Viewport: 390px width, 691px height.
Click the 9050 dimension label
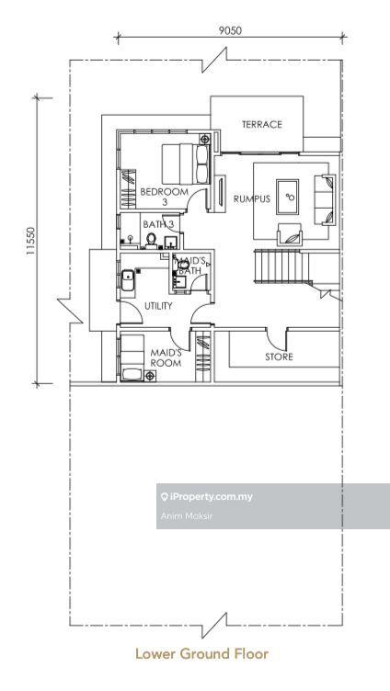tap(230, 30)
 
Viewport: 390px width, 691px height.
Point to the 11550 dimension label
tap(30, 241)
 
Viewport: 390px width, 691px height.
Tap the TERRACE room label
tap(261, 125)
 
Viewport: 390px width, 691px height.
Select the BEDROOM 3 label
tap(164, 197)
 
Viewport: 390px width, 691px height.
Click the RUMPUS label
tap(251, 198)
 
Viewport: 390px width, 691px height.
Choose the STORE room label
tap(279, 357)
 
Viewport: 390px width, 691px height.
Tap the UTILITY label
tap(158, 306)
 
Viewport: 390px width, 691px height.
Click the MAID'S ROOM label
tap(166, 357)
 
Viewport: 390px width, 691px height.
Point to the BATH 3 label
tap(158, 224)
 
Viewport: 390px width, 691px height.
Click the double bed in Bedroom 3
tap(185, 164)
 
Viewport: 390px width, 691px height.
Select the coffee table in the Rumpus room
tap(287, 197)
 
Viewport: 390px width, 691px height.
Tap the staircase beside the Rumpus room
tap(283, 266)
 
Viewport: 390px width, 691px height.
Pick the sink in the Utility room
tap(128, 281)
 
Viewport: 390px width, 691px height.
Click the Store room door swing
tap(276, 339)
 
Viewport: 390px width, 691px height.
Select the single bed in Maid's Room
tap(132, 357)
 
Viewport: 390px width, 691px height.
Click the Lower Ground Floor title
tap(201, 653)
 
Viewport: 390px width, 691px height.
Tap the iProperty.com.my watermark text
tap(206, 497)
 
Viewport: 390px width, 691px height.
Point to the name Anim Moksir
tap(186, 516)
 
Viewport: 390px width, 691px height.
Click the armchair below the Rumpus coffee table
tap(290, 234)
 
